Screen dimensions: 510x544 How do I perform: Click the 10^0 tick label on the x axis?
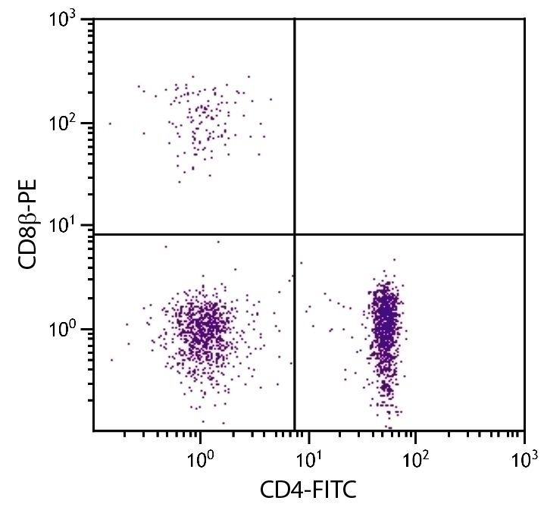pyautogui.click(x=200, y=458)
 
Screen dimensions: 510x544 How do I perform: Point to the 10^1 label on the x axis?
pyautogui.click(x=308, y=458)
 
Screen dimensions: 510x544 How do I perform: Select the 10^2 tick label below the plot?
pyautogui.click(x=415, y=458)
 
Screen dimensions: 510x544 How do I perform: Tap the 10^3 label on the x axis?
pyautogui.click(x=524, y=458)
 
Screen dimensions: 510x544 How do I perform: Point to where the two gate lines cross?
pyautogui.click(x=294, y=234)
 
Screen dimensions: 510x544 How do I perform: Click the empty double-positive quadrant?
pyautogui.click(x=409, y=125)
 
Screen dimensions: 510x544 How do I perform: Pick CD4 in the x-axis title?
pyautogui.click(x=278, y=490)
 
